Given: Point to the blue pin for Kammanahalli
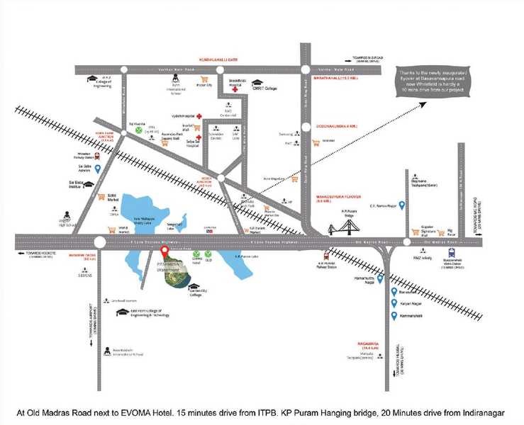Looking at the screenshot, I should [395, 313].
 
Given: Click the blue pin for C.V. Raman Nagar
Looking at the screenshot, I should [401, 205].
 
